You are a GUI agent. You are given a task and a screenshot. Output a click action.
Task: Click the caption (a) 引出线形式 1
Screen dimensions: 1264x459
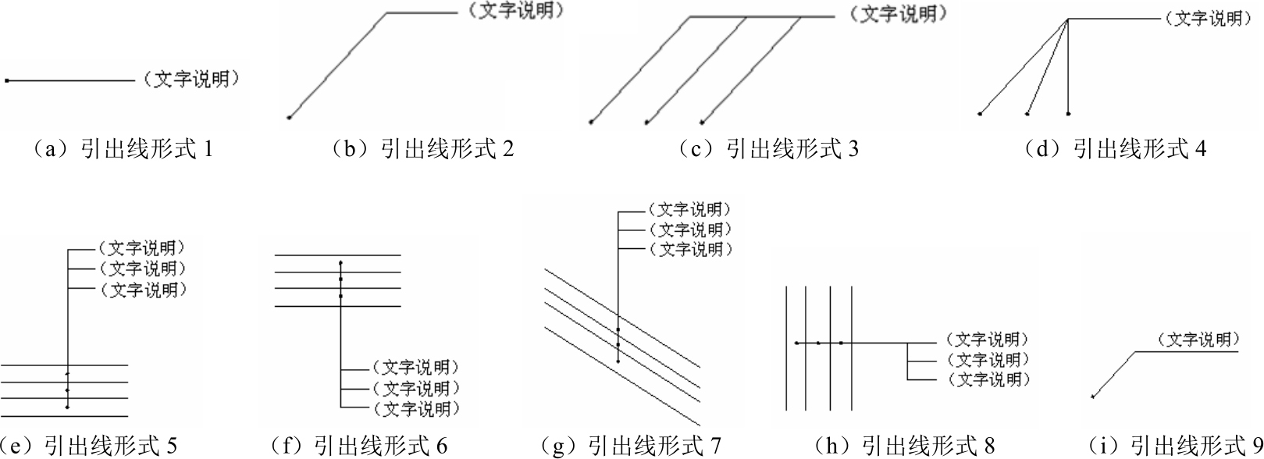point(119,149)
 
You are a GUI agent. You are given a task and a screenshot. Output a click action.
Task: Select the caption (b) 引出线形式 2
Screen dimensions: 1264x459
point(422,149)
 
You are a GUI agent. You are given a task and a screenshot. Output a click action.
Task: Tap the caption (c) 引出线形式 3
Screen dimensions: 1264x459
point(767,149)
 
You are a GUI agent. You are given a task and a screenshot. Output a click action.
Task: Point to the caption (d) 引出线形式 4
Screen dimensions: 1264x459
point(1114,149)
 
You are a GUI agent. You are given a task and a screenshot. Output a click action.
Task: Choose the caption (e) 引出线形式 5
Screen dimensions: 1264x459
point(88,446)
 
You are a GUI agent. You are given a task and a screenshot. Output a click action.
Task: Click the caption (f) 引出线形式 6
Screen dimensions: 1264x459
point(358,446)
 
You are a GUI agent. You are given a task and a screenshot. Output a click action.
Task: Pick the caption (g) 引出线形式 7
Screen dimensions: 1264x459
point(631,446)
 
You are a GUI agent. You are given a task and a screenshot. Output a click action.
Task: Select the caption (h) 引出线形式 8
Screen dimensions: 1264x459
point(905,446)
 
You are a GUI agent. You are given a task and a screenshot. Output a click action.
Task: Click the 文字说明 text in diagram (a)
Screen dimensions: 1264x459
point(191,79)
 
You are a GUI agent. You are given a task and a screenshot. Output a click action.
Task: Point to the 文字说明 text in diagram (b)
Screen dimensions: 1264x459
point(516,11)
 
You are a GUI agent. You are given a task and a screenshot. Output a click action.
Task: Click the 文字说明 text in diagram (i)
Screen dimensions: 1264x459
point(1198,340)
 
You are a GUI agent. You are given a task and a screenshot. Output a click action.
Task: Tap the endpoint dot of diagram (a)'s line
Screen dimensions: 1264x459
point(7,80)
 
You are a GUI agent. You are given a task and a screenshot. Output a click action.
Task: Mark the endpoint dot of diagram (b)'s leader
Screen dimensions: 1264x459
point(289,117)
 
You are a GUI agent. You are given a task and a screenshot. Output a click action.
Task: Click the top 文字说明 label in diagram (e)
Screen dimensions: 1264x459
point(141,247)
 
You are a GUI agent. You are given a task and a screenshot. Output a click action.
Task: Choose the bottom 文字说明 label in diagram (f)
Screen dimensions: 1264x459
point(415,408)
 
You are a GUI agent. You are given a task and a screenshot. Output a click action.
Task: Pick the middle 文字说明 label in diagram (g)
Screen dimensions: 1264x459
point(691,229)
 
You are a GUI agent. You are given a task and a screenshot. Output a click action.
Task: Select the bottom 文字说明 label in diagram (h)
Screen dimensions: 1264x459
point(988,379)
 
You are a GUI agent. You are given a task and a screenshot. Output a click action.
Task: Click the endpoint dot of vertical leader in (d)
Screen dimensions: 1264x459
point(1068,114)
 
